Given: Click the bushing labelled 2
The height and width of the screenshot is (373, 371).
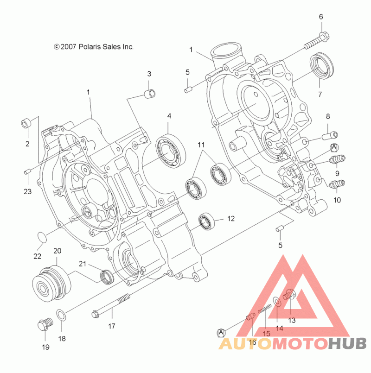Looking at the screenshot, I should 26,124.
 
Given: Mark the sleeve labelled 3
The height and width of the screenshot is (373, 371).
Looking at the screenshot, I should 148,94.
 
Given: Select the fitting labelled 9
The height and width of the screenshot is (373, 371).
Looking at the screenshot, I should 337,160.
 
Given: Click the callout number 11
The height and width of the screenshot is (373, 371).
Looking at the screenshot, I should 200,145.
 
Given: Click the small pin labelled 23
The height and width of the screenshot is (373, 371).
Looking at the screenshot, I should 27,172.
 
